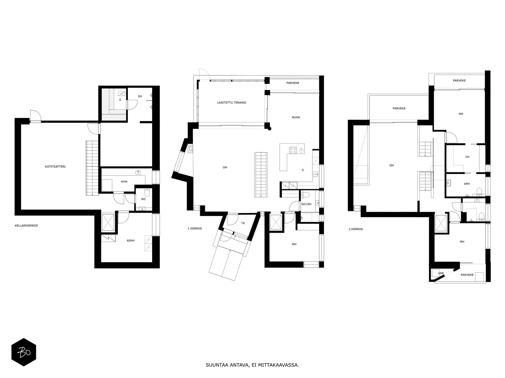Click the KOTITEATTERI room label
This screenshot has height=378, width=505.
pos(55,167)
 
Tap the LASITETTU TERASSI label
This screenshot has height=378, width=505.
pos(231,103)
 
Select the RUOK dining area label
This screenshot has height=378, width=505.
pos(296,117)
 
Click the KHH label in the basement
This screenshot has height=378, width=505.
pos(124,181)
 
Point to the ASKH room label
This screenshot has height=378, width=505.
pos(131,241)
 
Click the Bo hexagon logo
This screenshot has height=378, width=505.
pos(24,352)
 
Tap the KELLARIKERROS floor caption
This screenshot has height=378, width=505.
pos(26,226)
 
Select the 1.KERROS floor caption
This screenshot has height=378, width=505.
pos(195,229)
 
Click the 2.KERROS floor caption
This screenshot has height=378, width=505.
pos(356,229)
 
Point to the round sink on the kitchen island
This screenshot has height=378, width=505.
pos(301,151)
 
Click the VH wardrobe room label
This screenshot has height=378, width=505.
pos(467,157)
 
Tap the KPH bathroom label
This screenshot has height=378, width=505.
pos(467,184)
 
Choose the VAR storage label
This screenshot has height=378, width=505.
pos(441,273)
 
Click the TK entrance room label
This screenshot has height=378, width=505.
pos(243,223)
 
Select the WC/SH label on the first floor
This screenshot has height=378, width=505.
pos(306,204)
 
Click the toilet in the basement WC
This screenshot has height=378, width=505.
pos(147,192)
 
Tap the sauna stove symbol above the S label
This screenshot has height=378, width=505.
pos(122,94)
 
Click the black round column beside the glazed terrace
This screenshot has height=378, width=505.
pos(270,129)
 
